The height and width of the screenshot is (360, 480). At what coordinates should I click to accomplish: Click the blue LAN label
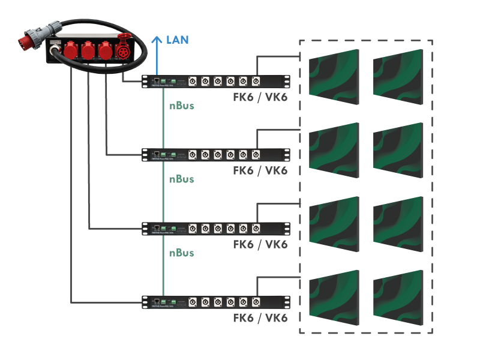[x=178, y=40]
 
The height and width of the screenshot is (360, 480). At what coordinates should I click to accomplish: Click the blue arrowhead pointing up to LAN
[x=157, y=40]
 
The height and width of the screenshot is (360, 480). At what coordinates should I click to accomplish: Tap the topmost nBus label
[x=181, y=106]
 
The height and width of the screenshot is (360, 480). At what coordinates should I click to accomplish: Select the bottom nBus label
[x=181, y=253]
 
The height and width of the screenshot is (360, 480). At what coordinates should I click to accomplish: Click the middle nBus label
[x=181, y=179]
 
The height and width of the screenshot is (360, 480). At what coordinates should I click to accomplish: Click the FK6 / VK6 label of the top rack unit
[x=260, y=97]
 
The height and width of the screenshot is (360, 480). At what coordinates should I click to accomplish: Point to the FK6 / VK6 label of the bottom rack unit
[x=260, y=317]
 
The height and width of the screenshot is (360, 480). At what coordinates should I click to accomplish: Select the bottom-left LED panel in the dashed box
[x=334, y=297]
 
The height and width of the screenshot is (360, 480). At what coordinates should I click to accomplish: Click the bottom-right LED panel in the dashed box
[x=398, y=297]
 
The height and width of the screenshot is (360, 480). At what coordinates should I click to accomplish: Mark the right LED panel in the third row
[x=398, y=223]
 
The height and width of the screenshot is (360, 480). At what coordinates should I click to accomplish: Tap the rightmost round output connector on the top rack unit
[x=256, y=81]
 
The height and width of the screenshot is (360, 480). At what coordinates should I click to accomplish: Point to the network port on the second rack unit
[x=157, y=153]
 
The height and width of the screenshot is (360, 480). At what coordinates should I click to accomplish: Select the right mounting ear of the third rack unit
[x=286, y=228]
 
